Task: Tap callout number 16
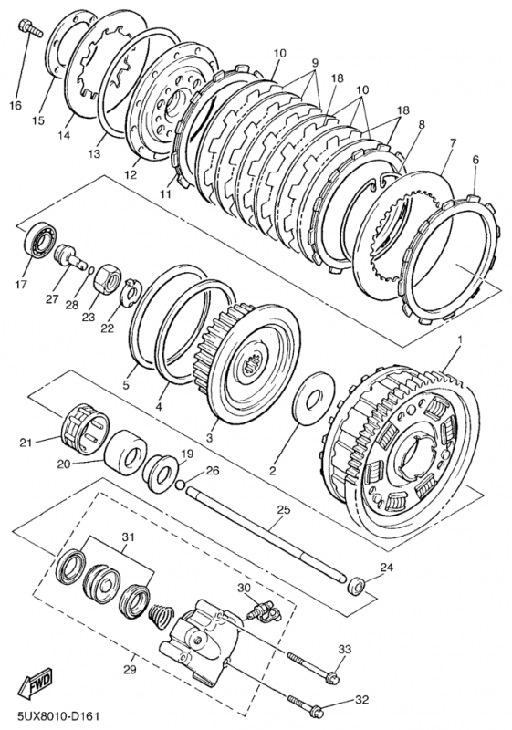tap(15, 106)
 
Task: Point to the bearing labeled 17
tap(40, 240)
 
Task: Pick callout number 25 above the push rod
tap(284, 509)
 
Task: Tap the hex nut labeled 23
tap(108, 278)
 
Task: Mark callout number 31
tap(128, 537)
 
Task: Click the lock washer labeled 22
tap(130, 293)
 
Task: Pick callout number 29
tap(130, 670)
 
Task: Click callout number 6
tap(475, 160)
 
